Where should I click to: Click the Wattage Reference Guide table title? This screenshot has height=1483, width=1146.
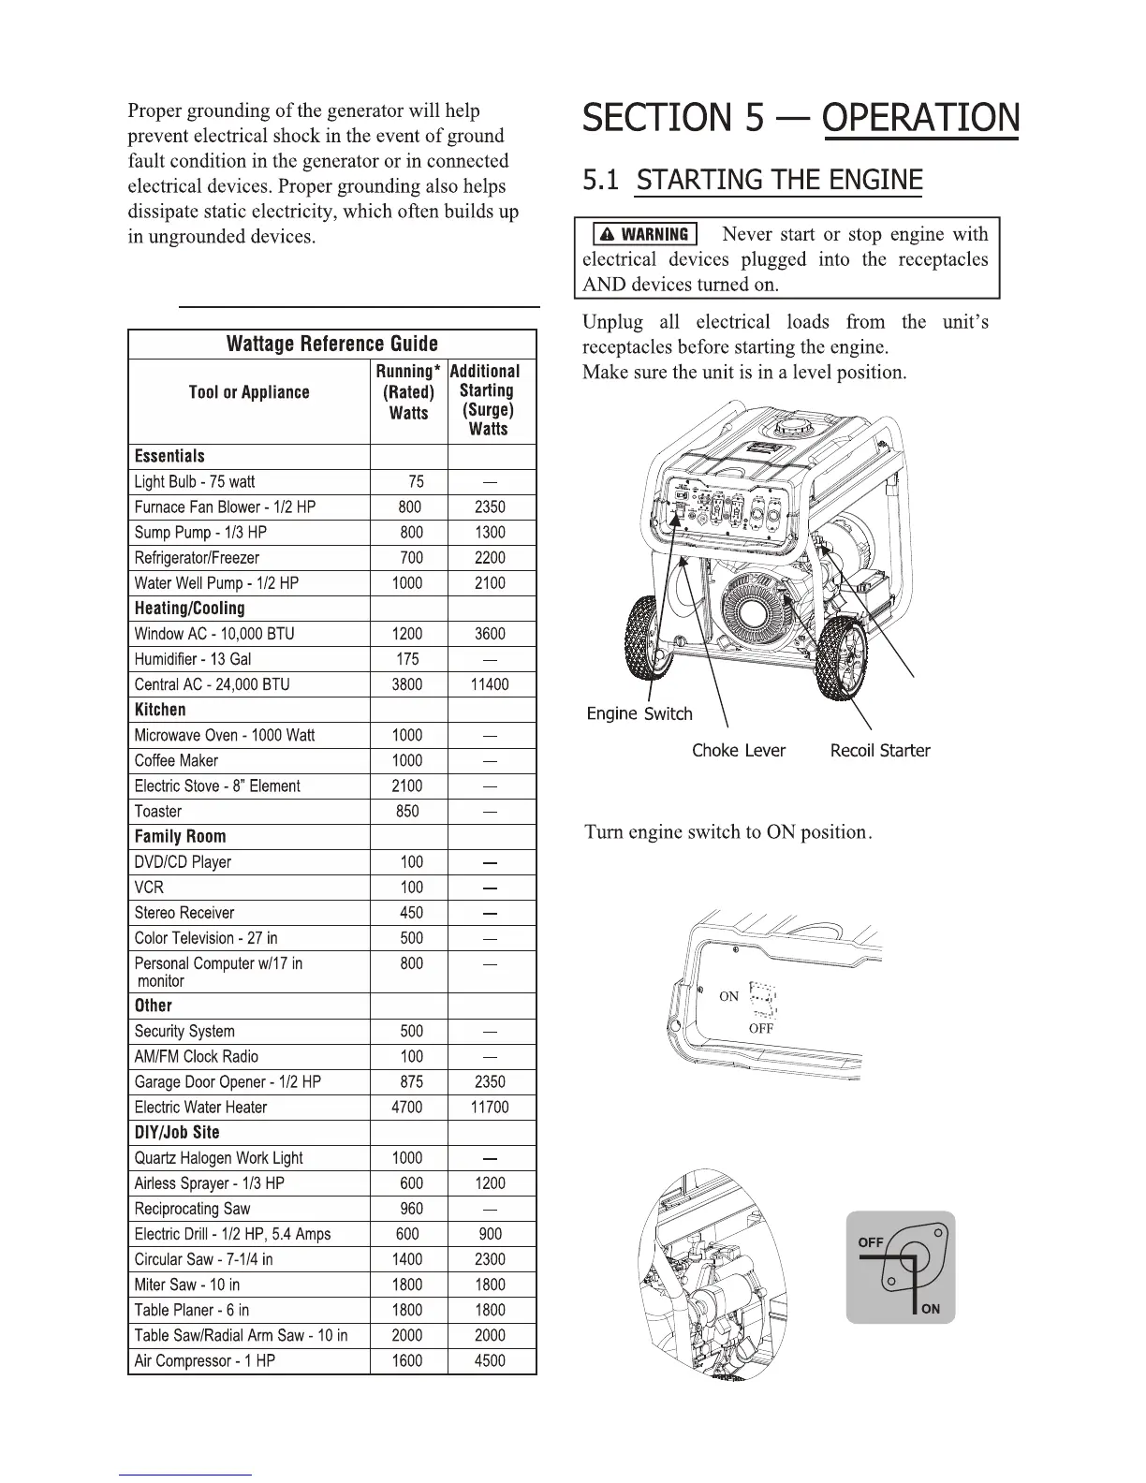(331, 344)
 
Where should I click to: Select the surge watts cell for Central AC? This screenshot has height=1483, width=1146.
(490, 684)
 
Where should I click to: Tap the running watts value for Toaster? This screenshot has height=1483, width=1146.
(407, 812)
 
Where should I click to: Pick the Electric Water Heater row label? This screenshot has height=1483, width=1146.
(200, 1108)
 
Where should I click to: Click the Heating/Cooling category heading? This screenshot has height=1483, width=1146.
(189, 609)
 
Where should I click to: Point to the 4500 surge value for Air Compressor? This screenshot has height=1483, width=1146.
(490, 1361)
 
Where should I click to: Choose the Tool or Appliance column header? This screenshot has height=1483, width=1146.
(249, 392)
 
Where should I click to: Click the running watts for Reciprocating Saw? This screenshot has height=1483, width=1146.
(411, 1209)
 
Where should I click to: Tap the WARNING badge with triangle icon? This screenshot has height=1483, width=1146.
(646, 234)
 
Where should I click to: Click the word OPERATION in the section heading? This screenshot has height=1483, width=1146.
(921, 119)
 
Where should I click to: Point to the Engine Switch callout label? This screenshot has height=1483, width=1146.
(639, 714)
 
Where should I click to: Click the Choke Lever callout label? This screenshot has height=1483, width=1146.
(739, 751)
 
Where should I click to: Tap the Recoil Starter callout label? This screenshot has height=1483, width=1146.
(880, 751)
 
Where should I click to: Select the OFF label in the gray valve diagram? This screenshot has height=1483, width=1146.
(871, 1242)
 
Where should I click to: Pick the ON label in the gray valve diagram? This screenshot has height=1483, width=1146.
(930, 1309)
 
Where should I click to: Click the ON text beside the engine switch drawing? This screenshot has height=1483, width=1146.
(728, 996)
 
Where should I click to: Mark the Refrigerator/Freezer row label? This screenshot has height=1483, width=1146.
(197, 558)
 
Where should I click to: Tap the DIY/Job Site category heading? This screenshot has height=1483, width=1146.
(177, 1133)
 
